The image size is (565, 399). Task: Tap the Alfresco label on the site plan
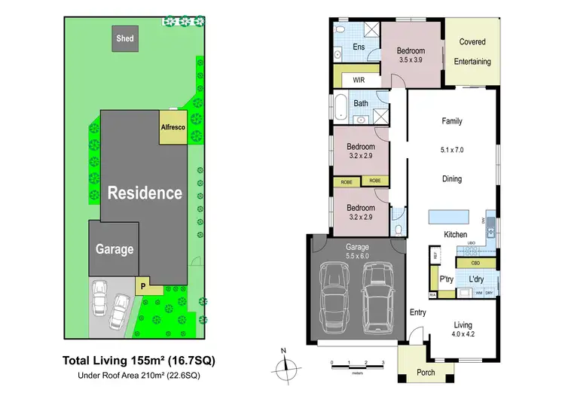coord(173,127)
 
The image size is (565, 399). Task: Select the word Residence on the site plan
coord(144,193)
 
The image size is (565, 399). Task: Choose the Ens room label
coord(359,47)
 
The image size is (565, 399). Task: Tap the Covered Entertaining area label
coord(472,51)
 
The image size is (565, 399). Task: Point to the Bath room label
coord(361,104)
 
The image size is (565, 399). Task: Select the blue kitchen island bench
coord(447,217)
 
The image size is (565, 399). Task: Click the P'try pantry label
coord(445,279)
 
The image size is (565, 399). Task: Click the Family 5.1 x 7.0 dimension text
coord(452,150)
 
